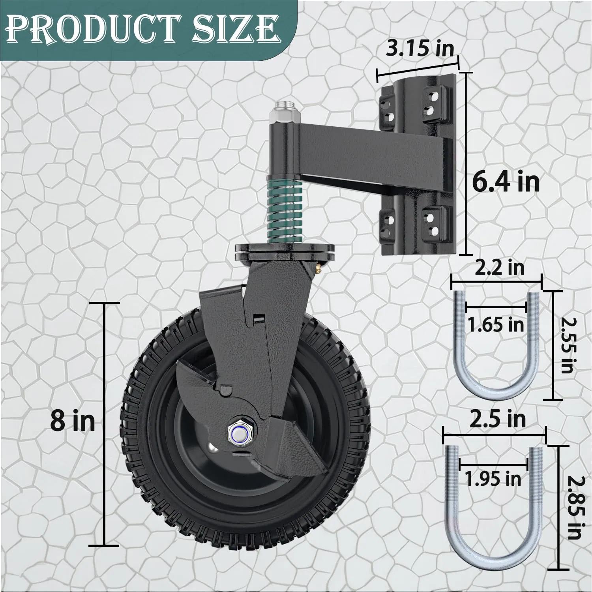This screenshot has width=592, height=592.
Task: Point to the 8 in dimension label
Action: pyautogui.click(x=73, y=422)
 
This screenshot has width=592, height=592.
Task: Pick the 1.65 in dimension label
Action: pyautogui.click(x=496, y=324)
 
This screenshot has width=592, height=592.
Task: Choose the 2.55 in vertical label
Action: pyautogui.click(x=567, y=345)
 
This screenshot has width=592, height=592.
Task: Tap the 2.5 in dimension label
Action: pyautogui.click(x=498, y=419)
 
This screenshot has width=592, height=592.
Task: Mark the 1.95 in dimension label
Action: pyautogui.click(x=493, y=479)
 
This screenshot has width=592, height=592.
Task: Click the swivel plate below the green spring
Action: pyautogui.click(x=285, y=252)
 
